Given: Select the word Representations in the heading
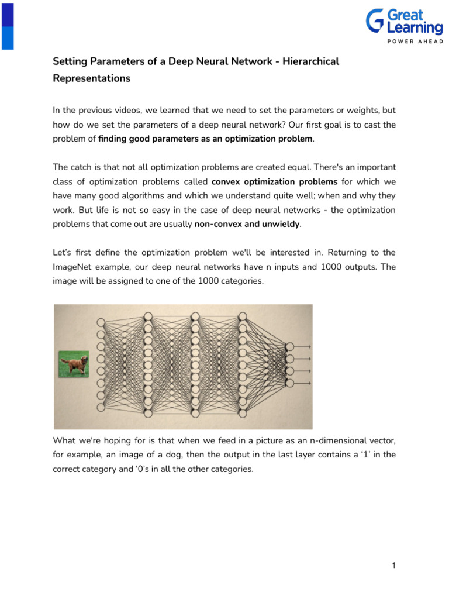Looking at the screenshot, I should click(x=92, y=78).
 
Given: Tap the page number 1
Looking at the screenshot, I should click(x=394, y=565).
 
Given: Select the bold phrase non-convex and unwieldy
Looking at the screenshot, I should click(x=247, y=224).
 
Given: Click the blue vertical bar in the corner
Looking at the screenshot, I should click(x=7, y=25).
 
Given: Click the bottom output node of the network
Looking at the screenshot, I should click(x=288, y=383).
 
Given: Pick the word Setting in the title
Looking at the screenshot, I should click(x=69, y=61).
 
